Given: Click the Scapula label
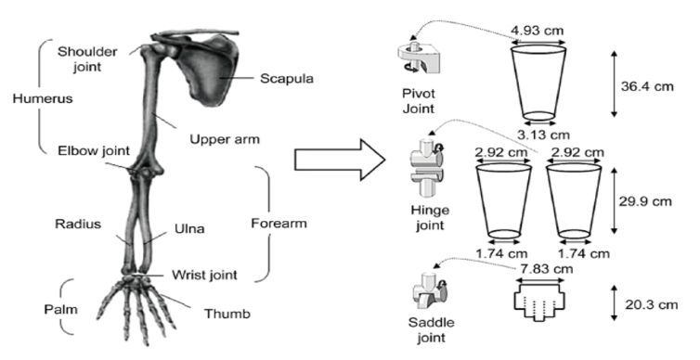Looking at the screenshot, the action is click(287, 79).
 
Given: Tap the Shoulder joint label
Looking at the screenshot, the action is click(87, 58).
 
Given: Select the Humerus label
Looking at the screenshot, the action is click(43, 98).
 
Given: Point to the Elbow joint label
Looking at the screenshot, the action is click(94, 151).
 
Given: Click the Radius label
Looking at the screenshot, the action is click(78, 224).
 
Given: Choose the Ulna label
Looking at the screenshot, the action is click(189, 229).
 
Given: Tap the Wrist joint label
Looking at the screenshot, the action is click(204, 275).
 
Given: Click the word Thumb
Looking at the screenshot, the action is click(227, 314).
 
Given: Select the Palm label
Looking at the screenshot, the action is click(60, 309).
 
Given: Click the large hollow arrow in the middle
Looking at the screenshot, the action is click(340, 160).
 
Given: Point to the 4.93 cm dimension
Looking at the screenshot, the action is click(537, 31).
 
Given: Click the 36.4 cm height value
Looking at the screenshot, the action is click(647, 86).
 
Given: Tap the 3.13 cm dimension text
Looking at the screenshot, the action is click(543, 135).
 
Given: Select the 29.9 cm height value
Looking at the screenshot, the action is click(645, 201).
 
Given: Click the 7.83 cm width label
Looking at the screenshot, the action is click(547, 269).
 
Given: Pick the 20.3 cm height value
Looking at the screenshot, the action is click(652, 304).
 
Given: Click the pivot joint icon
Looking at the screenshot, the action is click(419, 58).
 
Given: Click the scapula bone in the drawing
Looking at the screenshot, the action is click(208, 71).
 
